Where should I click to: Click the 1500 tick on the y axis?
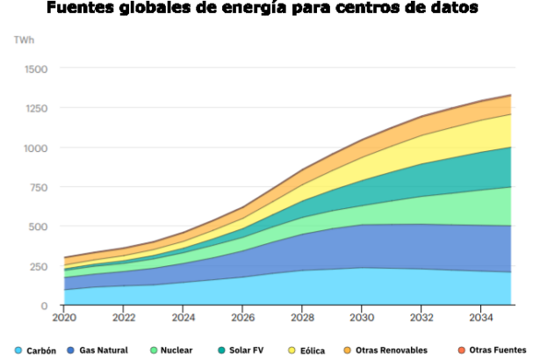pos(36,69)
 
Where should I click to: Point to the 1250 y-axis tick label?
pos(36,109)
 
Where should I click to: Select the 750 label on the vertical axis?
pos(39,187)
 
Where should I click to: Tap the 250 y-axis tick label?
pos(39,266)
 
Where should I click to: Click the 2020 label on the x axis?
pos(64,317)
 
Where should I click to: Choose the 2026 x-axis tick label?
pos(243,317)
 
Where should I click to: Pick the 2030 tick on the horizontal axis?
pos(363,317)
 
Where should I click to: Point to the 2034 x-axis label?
pos(482,317)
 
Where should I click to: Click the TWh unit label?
pos(24,40)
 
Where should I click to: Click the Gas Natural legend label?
pos(103,350)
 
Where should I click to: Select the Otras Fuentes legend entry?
pos(497,350)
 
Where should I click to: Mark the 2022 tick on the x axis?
pos(124,317)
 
